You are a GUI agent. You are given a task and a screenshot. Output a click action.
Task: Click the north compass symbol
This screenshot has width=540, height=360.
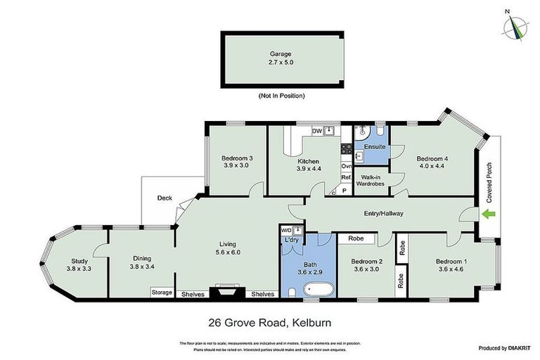pos(516,25)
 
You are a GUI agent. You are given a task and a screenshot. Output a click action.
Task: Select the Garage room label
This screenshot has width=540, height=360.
pos(280,53)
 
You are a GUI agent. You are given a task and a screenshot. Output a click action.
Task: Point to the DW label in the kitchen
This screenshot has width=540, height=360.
pos(316,131)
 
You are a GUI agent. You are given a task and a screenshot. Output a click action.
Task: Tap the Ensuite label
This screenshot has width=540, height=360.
pos(374,146)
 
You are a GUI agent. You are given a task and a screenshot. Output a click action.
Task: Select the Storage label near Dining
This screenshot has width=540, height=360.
pos(162,292)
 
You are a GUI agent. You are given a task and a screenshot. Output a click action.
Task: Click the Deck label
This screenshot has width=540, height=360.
pos(165,198)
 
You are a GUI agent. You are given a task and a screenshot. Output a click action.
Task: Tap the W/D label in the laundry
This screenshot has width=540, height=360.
pos(285,230)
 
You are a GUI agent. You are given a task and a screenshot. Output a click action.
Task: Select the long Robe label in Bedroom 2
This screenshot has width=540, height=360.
pos(355,238)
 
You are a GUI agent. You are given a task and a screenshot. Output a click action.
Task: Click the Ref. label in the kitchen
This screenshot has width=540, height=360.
pos(345,178)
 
